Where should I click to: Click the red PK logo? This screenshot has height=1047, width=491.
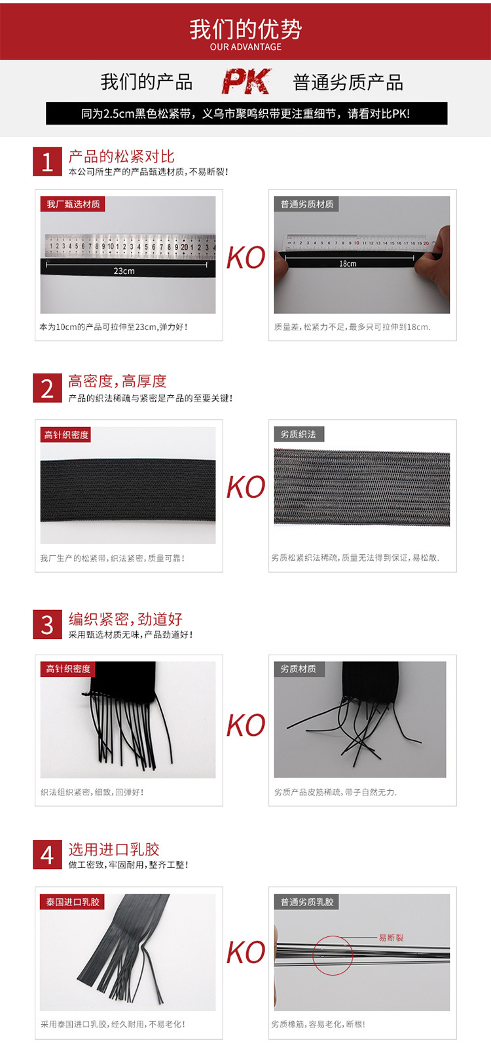click(246, 81)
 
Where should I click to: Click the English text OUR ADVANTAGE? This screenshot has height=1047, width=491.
click(245, 47)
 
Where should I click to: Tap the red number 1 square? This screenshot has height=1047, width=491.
click(47, 161)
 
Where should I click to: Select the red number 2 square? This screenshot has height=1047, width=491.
click(47, 388)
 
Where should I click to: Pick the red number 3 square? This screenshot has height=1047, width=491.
click(47, 624)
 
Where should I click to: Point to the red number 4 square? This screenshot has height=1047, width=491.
click(47, 854)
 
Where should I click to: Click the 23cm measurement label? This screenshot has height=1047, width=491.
click(124, 271)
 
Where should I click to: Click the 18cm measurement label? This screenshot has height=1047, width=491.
click(348, 263)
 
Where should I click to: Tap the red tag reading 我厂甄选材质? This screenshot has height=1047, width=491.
click(73, 204)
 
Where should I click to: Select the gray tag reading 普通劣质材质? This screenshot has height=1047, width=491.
click(306, 204)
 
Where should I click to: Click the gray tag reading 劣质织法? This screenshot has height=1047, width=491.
click(299, 434)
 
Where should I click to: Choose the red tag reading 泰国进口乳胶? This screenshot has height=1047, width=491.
click(73, 902)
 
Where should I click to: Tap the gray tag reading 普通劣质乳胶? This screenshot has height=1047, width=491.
click(306, 902)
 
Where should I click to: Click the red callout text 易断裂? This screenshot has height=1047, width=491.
click(391, 938)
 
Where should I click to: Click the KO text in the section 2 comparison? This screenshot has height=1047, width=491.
click(245, 487)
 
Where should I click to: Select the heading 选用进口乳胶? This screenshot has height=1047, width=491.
click(114, 849)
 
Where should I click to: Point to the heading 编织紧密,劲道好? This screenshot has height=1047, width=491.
click(125, 619)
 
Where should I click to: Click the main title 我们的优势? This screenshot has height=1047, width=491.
click(245, 29)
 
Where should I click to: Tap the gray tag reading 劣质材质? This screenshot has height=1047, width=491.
click(299, 669)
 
